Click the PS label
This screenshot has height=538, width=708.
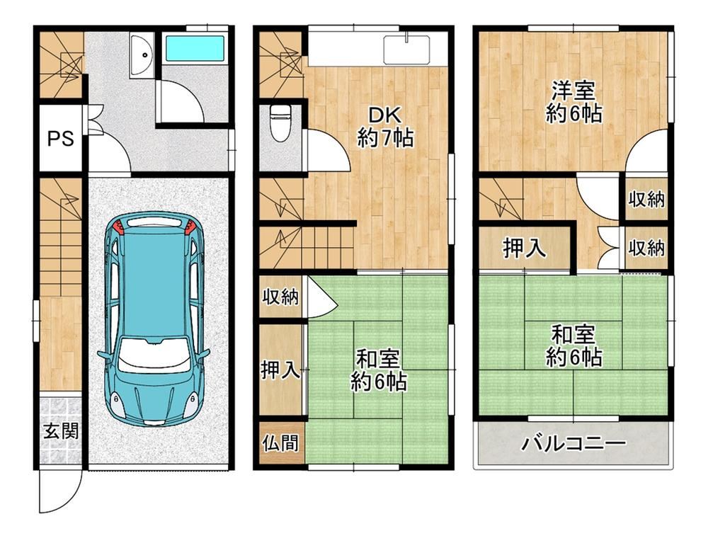click(x=61, y=138)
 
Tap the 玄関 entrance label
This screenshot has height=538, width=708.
click(x=61, y=431)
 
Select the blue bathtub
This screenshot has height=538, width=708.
click(x=195, y=50)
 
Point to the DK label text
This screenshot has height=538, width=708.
click(x=384, y=116)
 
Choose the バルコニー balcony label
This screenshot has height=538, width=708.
click(x=574, y=444)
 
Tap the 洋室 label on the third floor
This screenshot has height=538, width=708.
click(x=574, y=91)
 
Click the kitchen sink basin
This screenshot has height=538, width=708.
click(x=406, y=50)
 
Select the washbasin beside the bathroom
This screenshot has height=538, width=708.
click(x=142, y=55)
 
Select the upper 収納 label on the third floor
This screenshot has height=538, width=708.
click(x=646, y=199)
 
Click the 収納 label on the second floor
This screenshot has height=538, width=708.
click(x=280, y=297)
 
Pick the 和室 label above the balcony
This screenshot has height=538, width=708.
click(x=573, y=335)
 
